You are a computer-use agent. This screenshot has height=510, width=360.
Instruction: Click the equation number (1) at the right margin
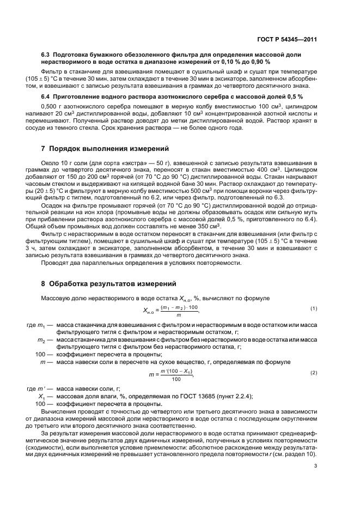pos(314,308)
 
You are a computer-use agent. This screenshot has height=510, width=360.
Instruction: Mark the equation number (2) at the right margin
pos(314,372)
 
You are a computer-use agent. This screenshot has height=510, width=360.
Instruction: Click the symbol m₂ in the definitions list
pos(39,339)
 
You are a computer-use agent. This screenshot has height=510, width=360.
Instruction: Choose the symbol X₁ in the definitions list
pos(39,396)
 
